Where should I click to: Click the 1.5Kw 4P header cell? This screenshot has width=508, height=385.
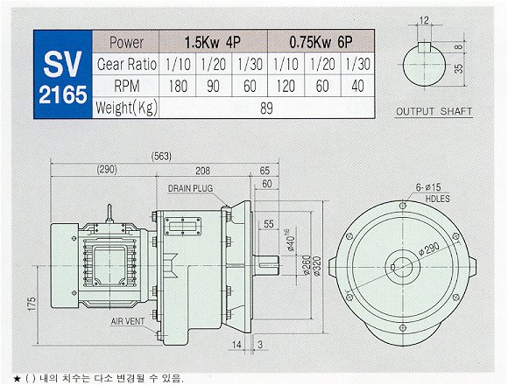[x=213, y=42]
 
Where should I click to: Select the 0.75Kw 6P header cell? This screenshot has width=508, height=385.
[x=321, y=42]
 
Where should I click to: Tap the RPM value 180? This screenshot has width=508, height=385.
[x=178, y=86]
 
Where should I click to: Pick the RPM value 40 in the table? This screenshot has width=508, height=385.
[x=357, y=86]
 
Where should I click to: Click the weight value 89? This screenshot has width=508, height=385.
[x=266, y=108]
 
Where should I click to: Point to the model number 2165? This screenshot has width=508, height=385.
[x=63, y=94]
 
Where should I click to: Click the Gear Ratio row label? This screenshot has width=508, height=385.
[x=127, y=64]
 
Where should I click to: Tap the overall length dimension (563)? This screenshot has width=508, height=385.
[x=161, y=157]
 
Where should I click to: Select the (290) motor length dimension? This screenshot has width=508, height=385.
[x=107, y=169]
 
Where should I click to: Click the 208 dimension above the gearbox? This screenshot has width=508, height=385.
[x=202, y=171]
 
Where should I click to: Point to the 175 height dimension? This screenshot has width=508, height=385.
[x=32, y=304]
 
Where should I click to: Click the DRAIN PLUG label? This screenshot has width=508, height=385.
[x=191, y=188]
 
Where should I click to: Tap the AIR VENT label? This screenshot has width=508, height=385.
[x=128, y=321]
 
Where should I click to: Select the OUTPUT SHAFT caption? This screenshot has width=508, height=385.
[x=434, y=112]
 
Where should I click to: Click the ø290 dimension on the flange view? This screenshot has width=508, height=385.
[x=429, y=249]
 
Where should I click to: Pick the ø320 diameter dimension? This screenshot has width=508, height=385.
[x=317, y=266]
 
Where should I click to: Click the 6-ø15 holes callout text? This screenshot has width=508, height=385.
[x=428, y=187]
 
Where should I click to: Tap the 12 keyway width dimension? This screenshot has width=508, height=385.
[x=424, y=21]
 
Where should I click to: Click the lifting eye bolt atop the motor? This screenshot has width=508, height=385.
[x=109, y=213]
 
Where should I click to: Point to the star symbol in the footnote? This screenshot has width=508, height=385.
[x=18, y=378]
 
